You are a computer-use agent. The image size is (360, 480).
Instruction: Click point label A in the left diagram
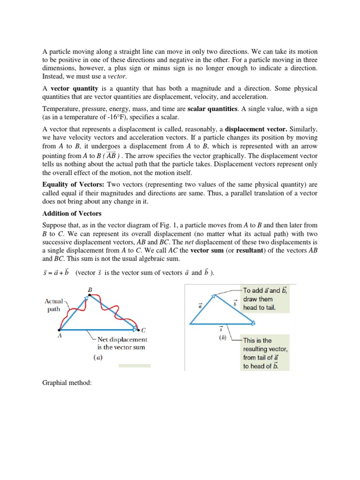click(59, 336)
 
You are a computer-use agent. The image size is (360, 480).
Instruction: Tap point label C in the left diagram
click(143, 330)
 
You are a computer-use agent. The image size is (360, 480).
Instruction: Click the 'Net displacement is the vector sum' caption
click(122, 343)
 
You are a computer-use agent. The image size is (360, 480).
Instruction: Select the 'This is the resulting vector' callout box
click(266, 353)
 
